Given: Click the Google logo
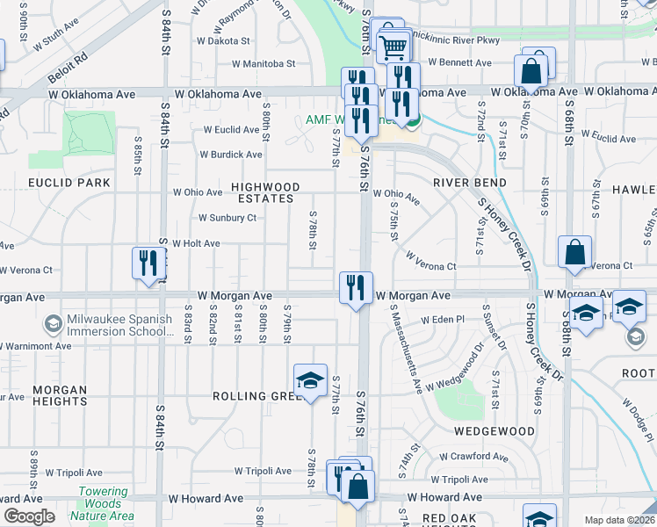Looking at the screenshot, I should click(28, 516).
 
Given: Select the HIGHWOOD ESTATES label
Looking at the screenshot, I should click(264, 193).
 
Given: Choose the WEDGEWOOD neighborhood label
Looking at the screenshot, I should click(495, 431).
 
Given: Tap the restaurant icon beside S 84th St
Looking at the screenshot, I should click(148, 263).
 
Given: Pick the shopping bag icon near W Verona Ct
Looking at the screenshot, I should click(574, 253).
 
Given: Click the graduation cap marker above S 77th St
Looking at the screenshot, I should click(309, 380).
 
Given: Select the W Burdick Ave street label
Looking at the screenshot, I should click(231, 155).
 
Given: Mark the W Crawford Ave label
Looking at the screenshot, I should click(473, 457).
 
